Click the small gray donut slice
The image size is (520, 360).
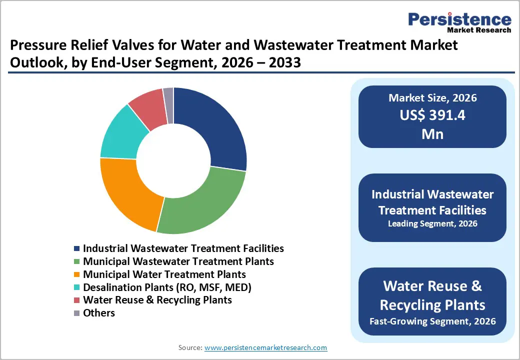168,98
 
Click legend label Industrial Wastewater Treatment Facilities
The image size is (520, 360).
183,248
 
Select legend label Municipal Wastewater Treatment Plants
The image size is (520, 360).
178,261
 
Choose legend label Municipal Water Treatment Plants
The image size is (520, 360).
164,274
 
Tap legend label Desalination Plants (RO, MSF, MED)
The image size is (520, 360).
167,287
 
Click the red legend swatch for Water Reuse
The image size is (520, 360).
76,300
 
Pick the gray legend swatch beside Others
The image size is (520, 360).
76,313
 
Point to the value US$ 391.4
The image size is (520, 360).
432,115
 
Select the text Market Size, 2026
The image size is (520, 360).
432,98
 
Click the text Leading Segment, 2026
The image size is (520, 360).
432,223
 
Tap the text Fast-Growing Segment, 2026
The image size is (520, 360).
432,320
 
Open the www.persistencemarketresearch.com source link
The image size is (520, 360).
266,347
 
